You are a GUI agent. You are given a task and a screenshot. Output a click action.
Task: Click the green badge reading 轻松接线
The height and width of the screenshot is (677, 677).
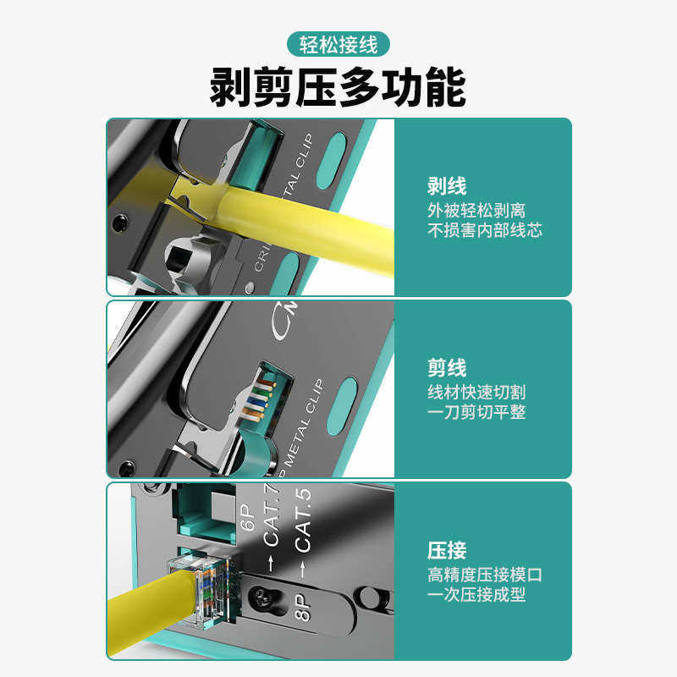338,43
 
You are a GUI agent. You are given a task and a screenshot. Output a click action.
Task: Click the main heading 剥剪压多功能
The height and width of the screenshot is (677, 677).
338,89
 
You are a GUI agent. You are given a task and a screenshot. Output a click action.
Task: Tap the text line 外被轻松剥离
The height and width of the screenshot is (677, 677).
476,210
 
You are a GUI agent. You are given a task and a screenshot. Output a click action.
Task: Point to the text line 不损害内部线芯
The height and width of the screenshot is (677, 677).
484,230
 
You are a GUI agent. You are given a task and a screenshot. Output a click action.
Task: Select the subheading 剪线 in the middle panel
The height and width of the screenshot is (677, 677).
447,369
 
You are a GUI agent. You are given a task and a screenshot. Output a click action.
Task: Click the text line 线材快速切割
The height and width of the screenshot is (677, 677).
476,392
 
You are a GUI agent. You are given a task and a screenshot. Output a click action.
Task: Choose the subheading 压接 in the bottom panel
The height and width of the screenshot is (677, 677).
447,551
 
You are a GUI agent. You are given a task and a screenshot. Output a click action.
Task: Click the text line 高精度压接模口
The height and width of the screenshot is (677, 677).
484,575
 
